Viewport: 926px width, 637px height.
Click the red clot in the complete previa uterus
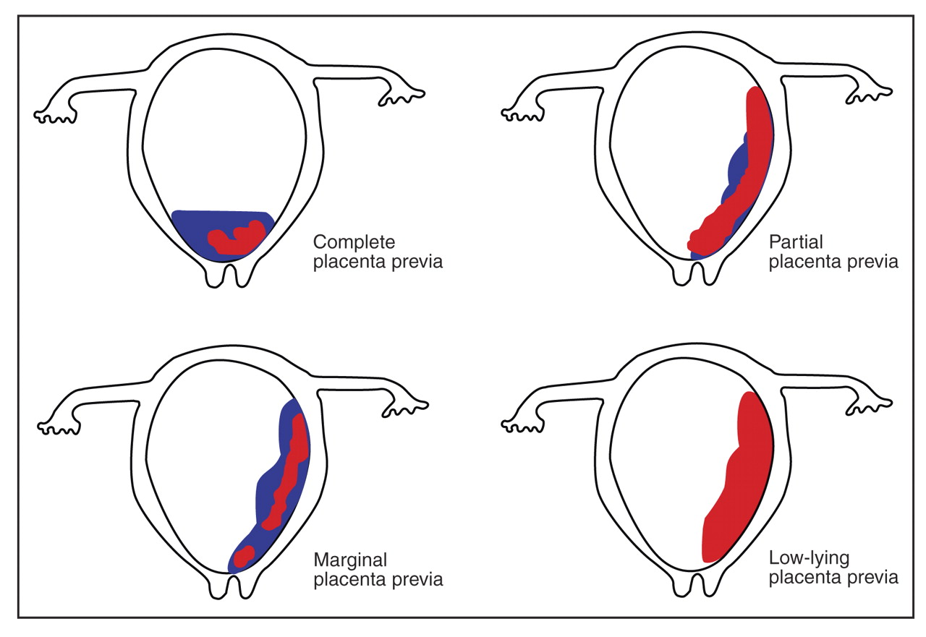coord(236,239)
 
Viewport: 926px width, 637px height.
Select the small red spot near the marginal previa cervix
coord(244,555)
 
